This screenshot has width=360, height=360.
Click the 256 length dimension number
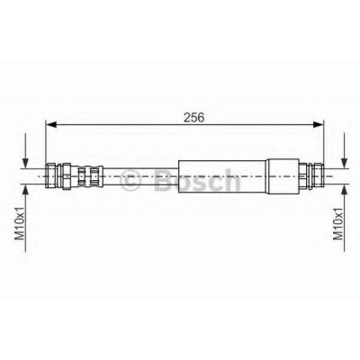click(x=193, y=117)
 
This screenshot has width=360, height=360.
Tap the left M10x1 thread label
click(x=20, y=223)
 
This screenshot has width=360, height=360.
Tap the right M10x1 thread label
click(x=338, y=223)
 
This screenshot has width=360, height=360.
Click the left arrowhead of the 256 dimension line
click(x=51, y=124)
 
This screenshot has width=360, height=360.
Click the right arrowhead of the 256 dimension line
click(x=319, y=124)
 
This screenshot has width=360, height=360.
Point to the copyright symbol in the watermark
click(x=130, y=181)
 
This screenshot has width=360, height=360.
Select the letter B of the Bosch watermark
click(x=165, y=180)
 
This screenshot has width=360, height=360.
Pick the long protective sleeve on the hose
click(x=222, y=176)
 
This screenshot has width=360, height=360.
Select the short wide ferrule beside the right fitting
click(x=283, y=176)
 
